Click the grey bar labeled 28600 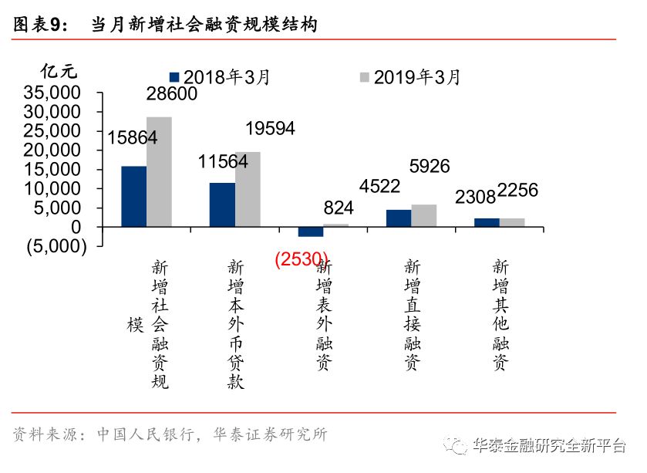tap(159, 172)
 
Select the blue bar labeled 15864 tap(133, 196)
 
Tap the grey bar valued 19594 tap(248, 189)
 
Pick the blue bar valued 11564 tap(222, 204)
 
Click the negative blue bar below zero tap(310, 231)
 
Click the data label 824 tap(339, 207)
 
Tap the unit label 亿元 tap(59, 71)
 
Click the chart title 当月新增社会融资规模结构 tap(204, 25)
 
